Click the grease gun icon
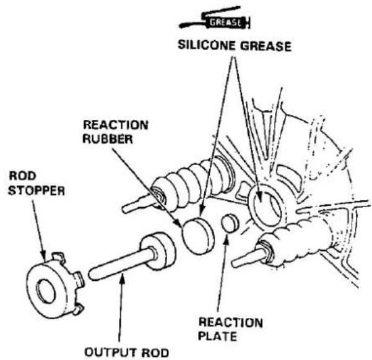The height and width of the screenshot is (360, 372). pos(215,18)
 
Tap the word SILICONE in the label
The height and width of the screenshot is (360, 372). pos(207,45)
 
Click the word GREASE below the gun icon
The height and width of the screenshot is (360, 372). pos(266,46)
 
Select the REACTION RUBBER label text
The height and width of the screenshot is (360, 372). pos(116,132)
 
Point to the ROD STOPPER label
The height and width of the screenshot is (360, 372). pos(37,183)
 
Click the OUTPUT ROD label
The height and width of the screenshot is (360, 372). pos(127,353)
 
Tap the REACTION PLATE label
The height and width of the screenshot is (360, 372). pos(230,330)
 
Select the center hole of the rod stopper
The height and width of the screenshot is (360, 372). pos(46,291)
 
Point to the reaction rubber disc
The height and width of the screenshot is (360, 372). pos(198,236)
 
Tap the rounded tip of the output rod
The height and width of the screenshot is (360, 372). pos(92,275)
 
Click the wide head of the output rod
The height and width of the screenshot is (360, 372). pos(158,251)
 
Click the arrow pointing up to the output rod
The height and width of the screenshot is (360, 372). pos(121,307)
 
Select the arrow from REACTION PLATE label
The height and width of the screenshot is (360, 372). pos(222,273)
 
